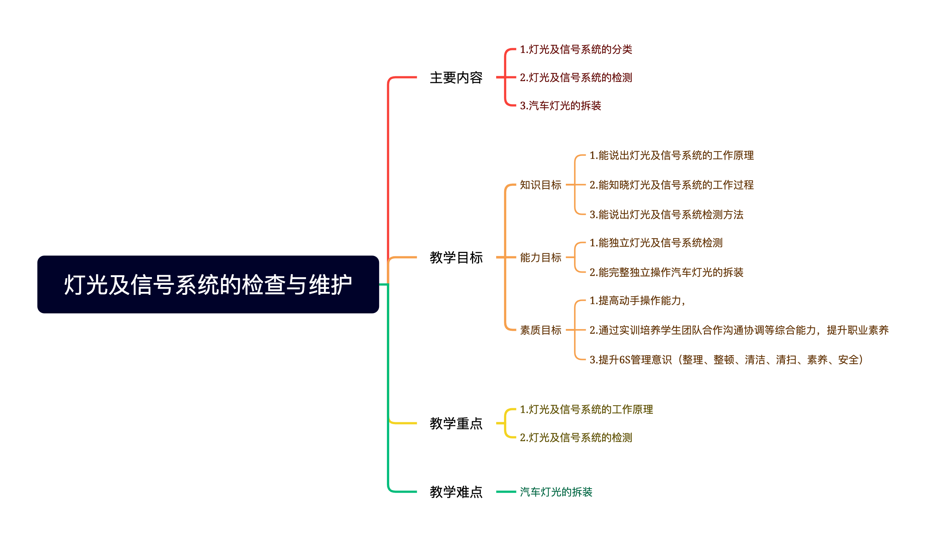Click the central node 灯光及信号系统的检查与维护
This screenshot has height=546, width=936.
(208, 284)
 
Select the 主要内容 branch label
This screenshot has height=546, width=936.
(456, 78)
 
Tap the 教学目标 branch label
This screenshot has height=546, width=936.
(456, 257)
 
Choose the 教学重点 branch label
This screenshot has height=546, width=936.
(456, 423)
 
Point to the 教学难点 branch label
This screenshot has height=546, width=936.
(456, 492)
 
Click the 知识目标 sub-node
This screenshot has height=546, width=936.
(540, 185)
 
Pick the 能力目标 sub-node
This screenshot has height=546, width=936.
(540, 257)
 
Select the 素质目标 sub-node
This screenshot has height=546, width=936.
(540, 330)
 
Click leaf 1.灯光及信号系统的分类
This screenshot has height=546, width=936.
(576, 49)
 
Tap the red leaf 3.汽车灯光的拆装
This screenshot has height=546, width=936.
(560, 106)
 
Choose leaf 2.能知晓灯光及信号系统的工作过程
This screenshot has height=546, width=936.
(671, 185)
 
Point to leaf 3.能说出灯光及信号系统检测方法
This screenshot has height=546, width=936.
(666, 215)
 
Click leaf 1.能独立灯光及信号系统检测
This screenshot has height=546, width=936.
(656, 243)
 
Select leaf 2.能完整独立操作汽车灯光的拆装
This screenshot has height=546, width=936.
(666, 272)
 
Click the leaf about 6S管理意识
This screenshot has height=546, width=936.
(726, 360)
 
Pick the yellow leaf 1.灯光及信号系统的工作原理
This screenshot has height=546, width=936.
(586, 409)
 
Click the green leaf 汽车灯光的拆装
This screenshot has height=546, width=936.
(556, 492)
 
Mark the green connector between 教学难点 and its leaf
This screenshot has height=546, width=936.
(506, 492)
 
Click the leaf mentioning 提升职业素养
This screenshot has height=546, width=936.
(739, 330)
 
